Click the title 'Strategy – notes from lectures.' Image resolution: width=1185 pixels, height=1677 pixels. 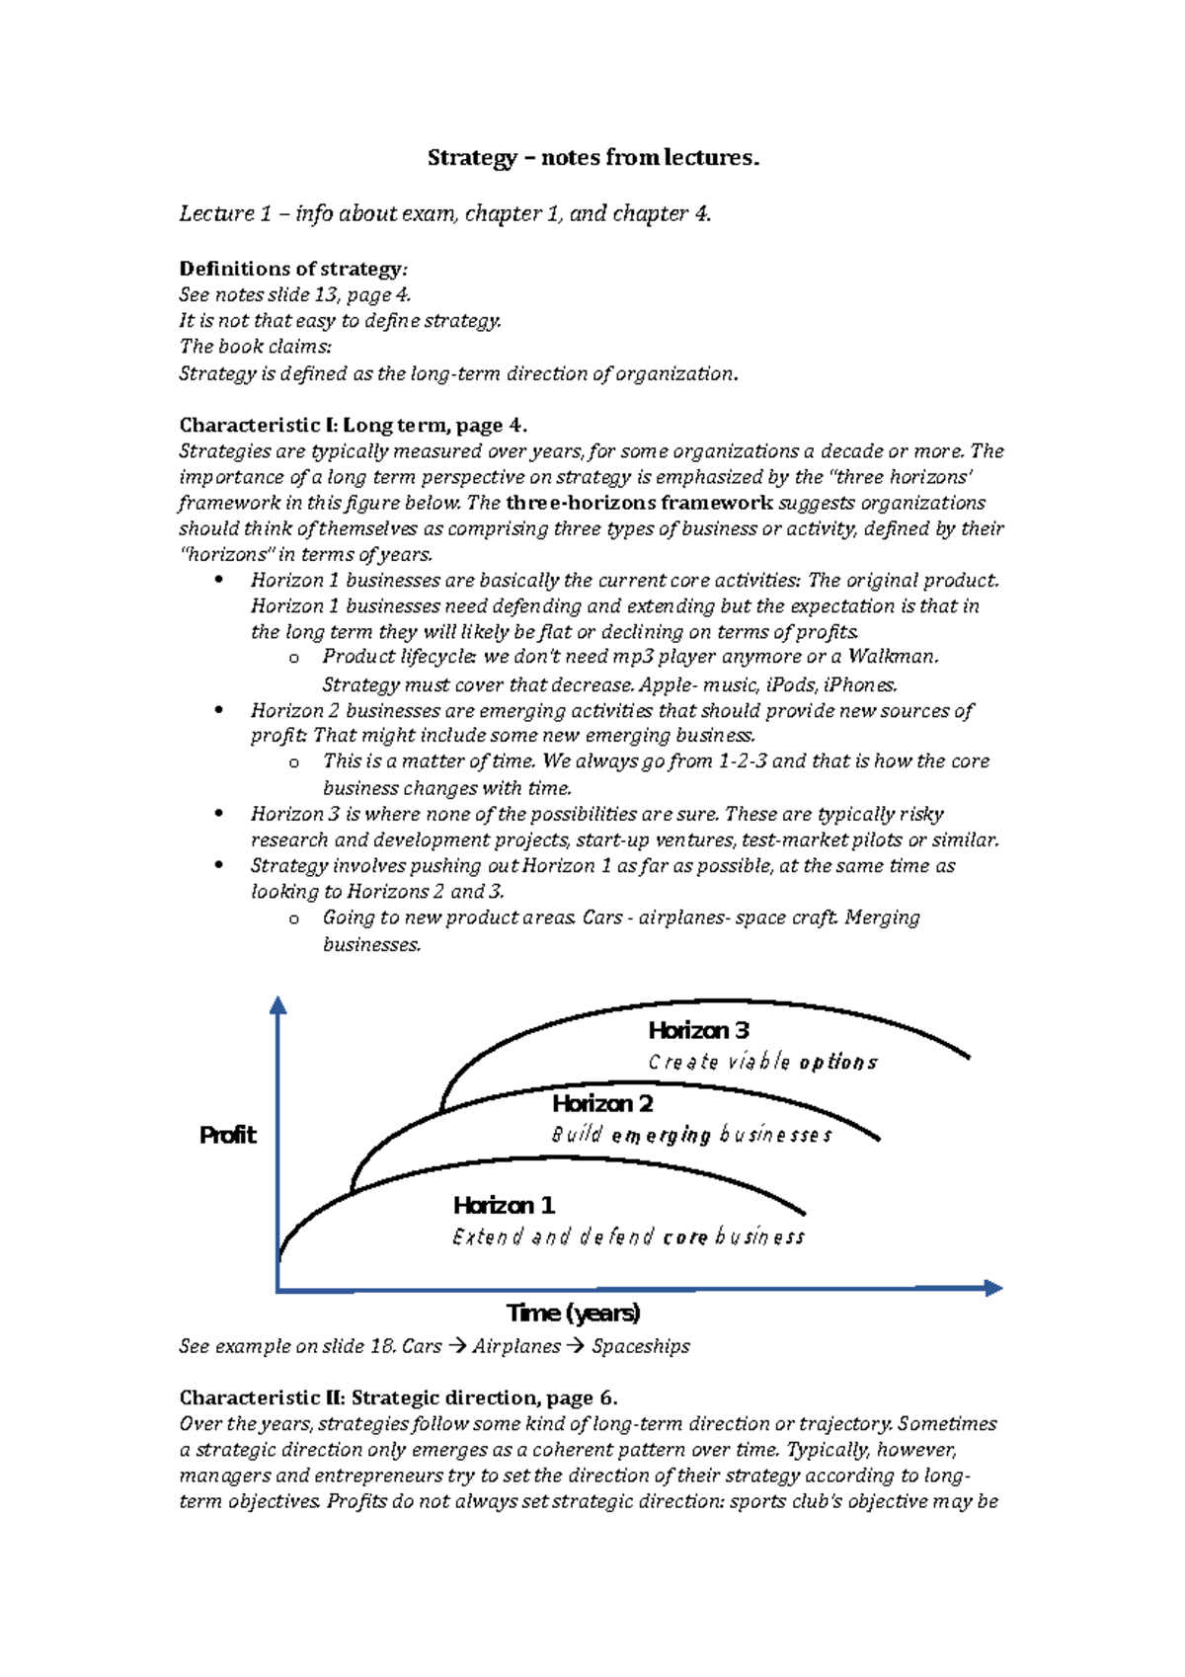pyautogui.click(x=592, y=158)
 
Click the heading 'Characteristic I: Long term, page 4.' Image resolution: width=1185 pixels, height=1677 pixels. pyautogui.click(x=353, y=426)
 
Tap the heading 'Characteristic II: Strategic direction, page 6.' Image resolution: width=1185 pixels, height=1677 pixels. pyautogui.click(x=398, y=1397)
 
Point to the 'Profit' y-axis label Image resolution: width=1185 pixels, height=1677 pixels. pyautogui.click(x=227, y=1135)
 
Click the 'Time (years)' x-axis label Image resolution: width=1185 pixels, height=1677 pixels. pyautogui.click(x=573, y=1313)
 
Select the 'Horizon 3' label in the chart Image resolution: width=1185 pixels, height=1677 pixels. pyautogui.click(x=698, y=1030)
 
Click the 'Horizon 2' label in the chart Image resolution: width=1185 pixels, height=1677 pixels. pyautogui.click(x=602, y=1103)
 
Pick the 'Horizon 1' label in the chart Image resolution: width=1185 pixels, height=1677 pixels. pyautogui.click(x=504, y=1205)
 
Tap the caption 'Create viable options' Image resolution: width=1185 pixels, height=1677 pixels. pyautogui.click(x=762, y=1063)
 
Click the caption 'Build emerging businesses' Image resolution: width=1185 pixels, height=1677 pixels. pyautogui.click(x=691, y=1135)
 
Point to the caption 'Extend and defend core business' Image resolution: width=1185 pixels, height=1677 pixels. pyautogui.click(x=628, y=1237)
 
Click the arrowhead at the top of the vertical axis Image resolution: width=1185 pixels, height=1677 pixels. pyautogui.click(x=278, y=1005)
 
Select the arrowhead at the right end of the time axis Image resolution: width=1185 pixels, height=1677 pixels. pyautogui.click(x=993, y=1288)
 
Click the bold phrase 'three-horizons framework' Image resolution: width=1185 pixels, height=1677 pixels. pyautogui.click(x=639, y=503)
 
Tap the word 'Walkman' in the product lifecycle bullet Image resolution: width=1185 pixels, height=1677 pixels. pyautogui.click(x=892, y=657)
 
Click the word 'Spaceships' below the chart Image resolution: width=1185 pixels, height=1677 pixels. pyautogui.click(x=641, y=1346)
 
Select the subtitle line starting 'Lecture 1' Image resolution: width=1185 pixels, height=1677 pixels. pyautogui.click(x=444, y=213)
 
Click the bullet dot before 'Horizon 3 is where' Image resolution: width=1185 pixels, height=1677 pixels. pyautogui.click(x=219, y=814)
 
